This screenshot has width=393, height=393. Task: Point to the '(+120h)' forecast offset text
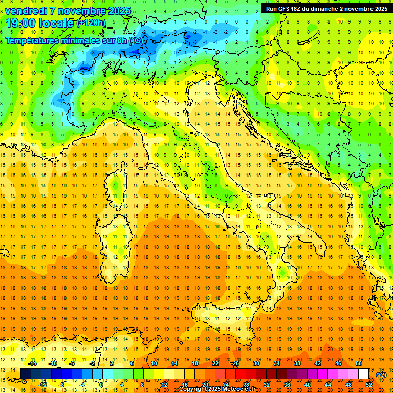91,23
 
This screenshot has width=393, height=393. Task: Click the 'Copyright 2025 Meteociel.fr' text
221,389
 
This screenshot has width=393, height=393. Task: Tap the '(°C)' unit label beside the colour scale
381,375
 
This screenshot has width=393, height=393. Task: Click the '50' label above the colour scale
359,363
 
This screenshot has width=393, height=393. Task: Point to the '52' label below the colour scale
369,385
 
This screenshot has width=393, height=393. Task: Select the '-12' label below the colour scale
42,385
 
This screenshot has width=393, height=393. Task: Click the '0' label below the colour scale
101,385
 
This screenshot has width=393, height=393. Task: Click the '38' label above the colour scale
297,363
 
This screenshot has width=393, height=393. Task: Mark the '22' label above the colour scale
215,363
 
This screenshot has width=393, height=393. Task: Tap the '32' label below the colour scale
267,385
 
